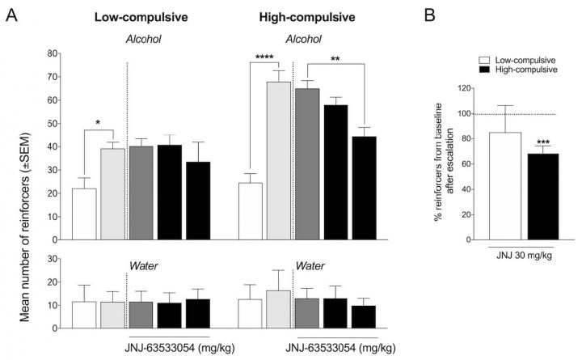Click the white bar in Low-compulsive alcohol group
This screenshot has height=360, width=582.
click(84, 214)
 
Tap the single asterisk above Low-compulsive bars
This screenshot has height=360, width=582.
click(97, 123)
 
